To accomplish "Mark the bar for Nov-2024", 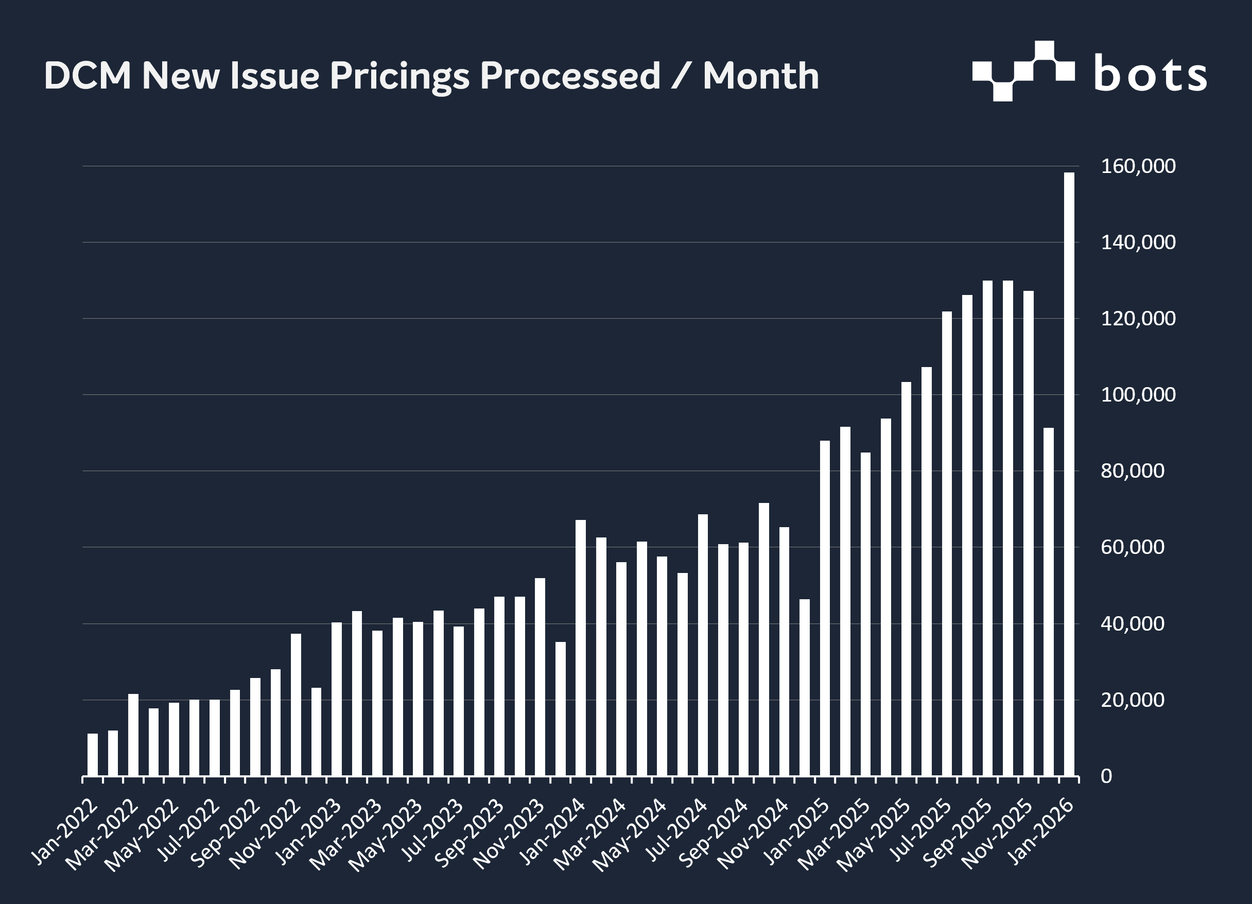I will tap(784, 652).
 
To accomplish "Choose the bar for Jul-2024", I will tap(703, 645).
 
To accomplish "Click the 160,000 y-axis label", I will tap(1138, 166).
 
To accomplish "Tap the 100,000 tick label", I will tap(1138, 395).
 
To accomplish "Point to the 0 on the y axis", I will tap(1106, 776).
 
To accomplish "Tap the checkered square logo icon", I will tap(1023, 71).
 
